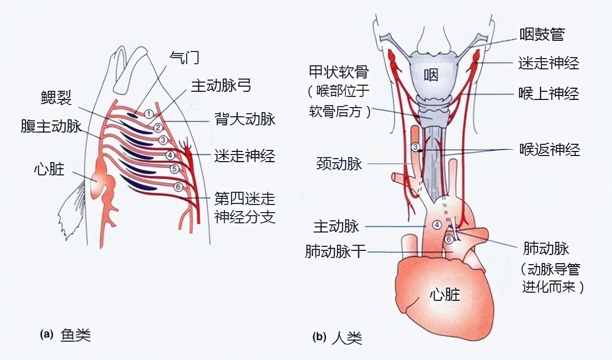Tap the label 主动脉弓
(221, 86)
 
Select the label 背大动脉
(245, 120)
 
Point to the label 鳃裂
(57, 97)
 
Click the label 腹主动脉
(52, 125)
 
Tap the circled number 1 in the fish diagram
(148, 114)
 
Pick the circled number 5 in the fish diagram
(174, 168)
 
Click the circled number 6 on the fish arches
(177, 187)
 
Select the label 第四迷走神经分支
(245, 208)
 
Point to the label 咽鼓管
(542, 35)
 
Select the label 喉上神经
(549, 94)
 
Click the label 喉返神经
(549, 150)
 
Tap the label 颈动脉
(339, 164)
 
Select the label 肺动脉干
(336, 251)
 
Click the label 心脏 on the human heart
(445, 294)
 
